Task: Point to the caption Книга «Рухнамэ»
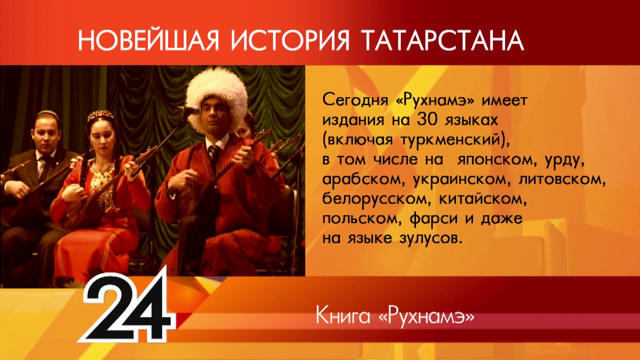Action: [x=394, y=316]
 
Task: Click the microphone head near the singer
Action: [x=180, y=110]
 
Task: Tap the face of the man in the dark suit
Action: [x=46, y=133]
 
